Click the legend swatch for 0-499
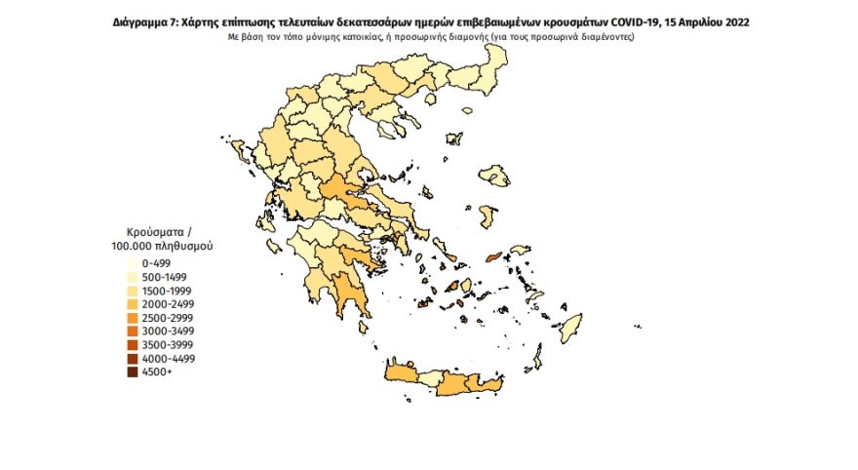point(132,263)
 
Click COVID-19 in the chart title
point(651,20)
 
